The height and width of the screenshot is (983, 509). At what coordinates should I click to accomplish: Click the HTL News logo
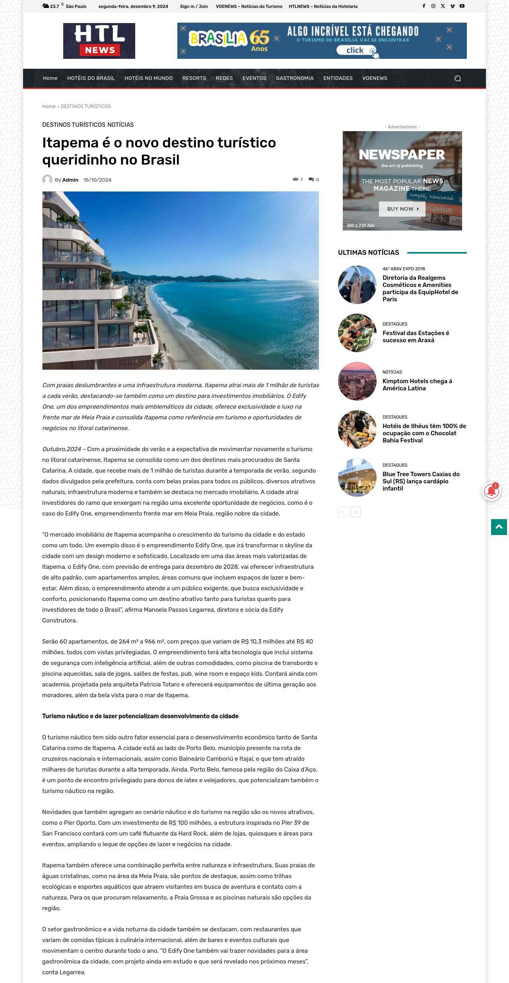[99, 41]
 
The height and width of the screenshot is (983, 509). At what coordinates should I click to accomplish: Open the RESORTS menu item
[194, 78]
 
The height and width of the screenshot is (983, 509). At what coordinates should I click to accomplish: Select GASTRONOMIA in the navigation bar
[295, 78]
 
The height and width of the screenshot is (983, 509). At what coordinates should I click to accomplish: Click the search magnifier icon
[458, 78]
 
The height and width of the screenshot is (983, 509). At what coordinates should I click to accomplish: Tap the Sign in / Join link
[194, 6]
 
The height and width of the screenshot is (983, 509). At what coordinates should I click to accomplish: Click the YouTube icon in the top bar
[462, 6]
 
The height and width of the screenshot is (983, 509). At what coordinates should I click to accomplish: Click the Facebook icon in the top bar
[424, 6]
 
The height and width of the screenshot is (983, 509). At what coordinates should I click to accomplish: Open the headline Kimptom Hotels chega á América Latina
[417, 384]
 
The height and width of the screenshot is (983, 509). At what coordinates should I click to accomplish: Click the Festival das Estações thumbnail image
[357, 333]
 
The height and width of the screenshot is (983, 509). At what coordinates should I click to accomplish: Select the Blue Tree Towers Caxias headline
[421, 481]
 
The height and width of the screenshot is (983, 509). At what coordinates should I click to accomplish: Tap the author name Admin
[70, 180]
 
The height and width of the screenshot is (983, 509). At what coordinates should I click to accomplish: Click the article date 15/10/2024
[97, 180]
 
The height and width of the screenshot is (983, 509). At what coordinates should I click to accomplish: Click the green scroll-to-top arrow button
[499, 527]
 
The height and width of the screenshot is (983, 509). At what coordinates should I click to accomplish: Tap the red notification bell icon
[492, 492]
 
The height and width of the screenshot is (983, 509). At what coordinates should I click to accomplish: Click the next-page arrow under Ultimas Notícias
[356, 512]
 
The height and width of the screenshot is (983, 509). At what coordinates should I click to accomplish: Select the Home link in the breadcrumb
[49, 107]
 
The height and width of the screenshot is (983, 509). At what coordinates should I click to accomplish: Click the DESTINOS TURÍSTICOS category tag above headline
[74, 125]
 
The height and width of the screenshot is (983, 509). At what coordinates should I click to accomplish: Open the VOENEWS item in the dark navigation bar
[375, 78]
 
